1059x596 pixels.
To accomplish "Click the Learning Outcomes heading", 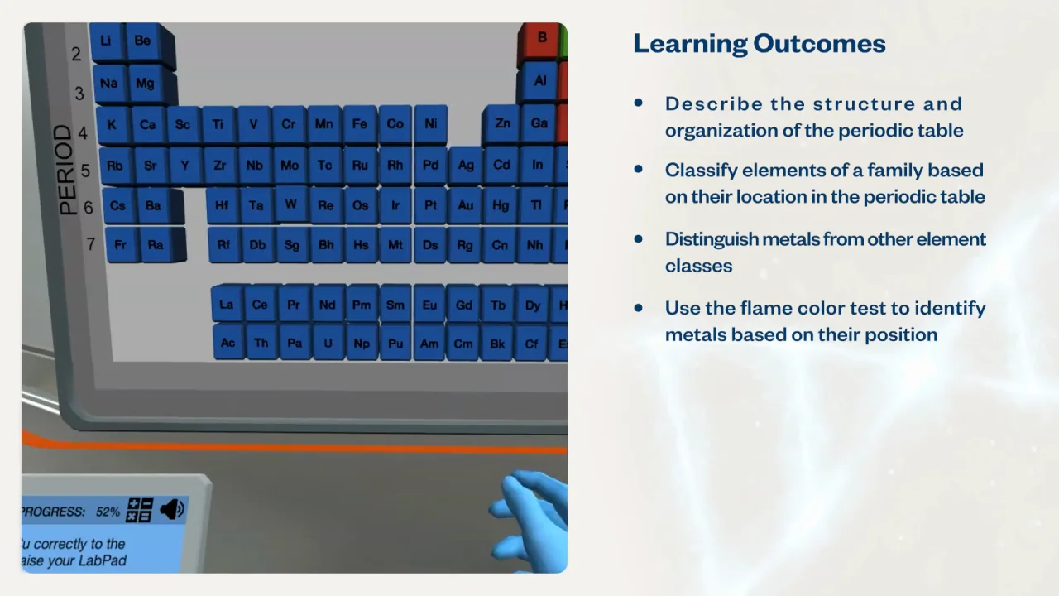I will coord(759,43).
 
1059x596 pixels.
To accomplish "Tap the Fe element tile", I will coord(359,124).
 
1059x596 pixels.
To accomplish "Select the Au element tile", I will coord(466,205).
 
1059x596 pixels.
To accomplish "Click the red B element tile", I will coord(542,38).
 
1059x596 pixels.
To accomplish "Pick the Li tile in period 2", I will coord(106,41).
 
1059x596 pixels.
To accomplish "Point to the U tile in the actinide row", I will coord(328,343).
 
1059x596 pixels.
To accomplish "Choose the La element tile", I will coord(226,305).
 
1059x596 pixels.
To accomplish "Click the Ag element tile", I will coord(466,165).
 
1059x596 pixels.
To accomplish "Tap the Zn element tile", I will coord(502,123).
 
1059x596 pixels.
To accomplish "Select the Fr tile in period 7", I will coord(121,245).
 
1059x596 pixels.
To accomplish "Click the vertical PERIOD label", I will coord(65,171).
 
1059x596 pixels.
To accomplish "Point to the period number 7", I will coord(90,244).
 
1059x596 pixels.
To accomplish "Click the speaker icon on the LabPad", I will coord(172,509).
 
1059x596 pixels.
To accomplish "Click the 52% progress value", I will coord(108,512).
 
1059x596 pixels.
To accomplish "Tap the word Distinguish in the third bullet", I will coord(711,239).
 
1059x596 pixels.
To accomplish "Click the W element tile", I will coord(290,204).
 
